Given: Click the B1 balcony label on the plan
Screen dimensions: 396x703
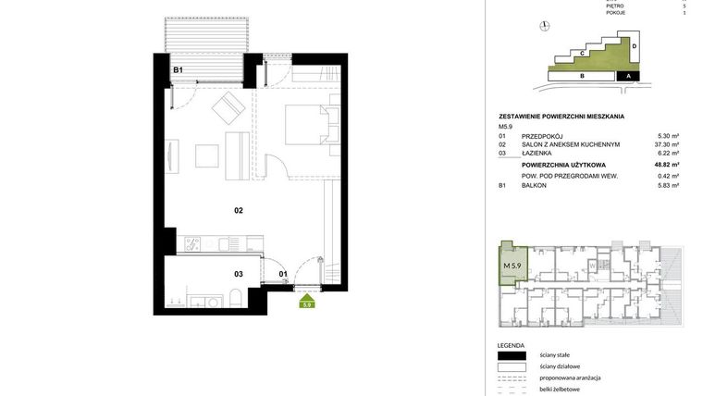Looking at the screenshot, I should (x=178, y=70).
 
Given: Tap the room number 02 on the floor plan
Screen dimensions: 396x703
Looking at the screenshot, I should (x=238, y=211).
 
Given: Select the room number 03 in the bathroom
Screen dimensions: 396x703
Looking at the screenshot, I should (x=238, y=274).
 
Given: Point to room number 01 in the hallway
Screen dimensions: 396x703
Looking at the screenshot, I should (x=284, y=274).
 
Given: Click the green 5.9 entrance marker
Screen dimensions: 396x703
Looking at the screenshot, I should (x=307, y=303).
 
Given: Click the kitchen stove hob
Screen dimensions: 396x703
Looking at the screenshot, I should (x=192, y=244).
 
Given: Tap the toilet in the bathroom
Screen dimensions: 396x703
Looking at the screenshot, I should (x=236, y=297).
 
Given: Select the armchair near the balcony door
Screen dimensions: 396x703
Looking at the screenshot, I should (x=228, y=109).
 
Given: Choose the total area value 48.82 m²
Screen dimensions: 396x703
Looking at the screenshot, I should (x=665, y=164).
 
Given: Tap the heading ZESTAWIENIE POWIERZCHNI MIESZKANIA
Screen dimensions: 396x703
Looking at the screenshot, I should (x=561, y=117).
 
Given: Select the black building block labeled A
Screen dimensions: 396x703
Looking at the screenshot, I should (x=628, y=76).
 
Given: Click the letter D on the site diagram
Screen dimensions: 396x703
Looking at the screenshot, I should (x=635, y=46).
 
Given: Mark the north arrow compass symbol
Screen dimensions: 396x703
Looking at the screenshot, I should (x=545, y=26).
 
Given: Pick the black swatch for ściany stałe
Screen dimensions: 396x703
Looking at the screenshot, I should (x=511, y=355).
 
